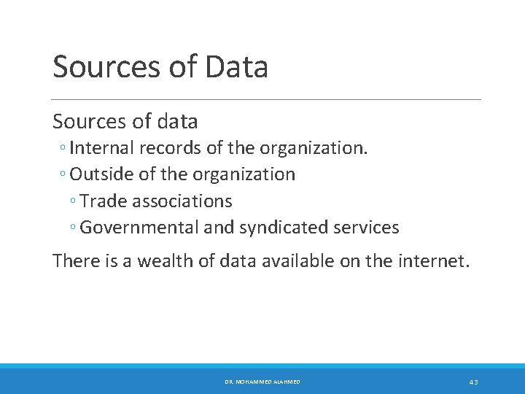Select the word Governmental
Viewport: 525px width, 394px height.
click(139, 228)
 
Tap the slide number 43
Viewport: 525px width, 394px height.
click(473, 382)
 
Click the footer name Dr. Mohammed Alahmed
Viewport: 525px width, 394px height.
click(262, 382)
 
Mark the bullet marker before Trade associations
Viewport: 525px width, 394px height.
click(74, 202)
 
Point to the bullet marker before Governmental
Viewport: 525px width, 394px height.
click(74, 228)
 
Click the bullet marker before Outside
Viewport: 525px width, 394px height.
click(63, 176)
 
